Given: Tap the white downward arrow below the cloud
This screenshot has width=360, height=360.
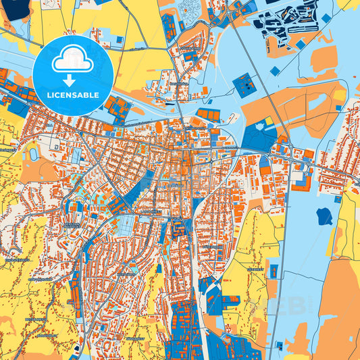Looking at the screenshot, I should tap(72, 80).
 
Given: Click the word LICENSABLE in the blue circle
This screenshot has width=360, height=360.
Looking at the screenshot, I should tap(72, 95).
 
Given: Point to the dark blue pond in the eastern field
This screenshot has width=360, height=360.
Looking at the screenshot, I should tap(325, 217).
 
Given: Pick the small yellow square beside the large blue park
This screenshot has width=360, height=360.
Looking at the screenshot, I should tap(268, 122).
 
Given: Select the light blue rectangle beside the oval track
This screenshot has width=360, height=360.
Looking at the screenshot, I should tap(75, 155).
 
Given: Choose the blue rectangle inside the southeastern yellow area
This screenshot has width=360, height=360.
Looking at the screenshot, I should tap(274, 271).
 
